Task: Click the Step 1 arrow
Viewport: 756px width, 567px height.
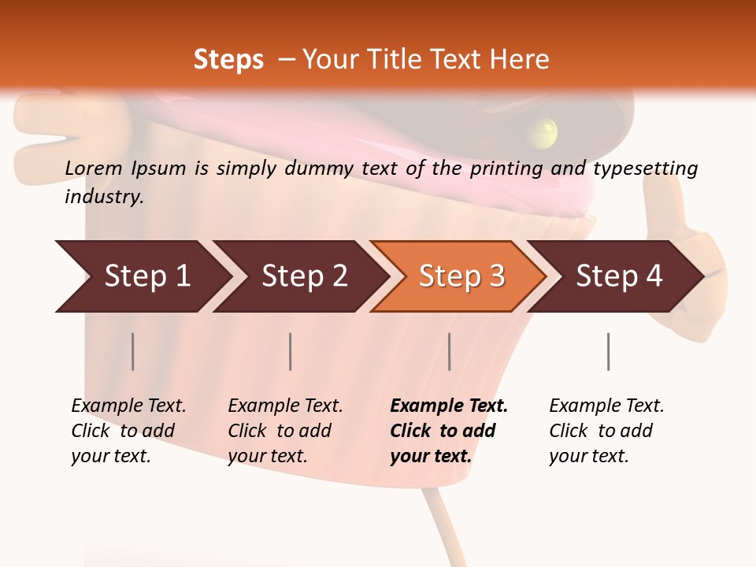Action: tap(142, 276)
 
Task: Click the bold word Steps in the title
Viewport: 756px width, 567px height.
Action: tap(228, 59)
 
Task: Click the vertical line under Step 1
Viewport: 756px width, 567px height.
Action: tap(133, 351)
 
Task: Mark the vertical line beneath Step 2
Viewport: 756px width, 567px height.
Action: tap(291, 351)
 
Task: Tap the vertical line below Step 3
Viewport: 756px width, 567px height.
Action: tap(449, 351)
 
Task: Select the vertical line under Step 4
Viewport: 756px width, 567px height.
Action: tap(608, 351)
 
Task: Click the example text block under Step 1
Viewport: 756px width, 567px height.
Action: tap(128, 431)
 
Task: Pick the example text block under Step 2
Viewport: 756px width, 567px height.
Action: tap(285, 431)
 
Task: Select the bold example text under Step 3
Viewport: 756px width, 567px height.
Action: tap(448, 431)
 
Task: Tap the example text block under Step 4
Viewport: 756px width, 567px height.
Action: tap(606, 431)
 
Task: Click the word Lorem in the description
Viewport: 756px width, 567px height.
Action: tap(92, 168)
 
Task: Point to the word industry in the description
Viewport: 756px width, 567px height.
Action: tap(104, 197)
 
